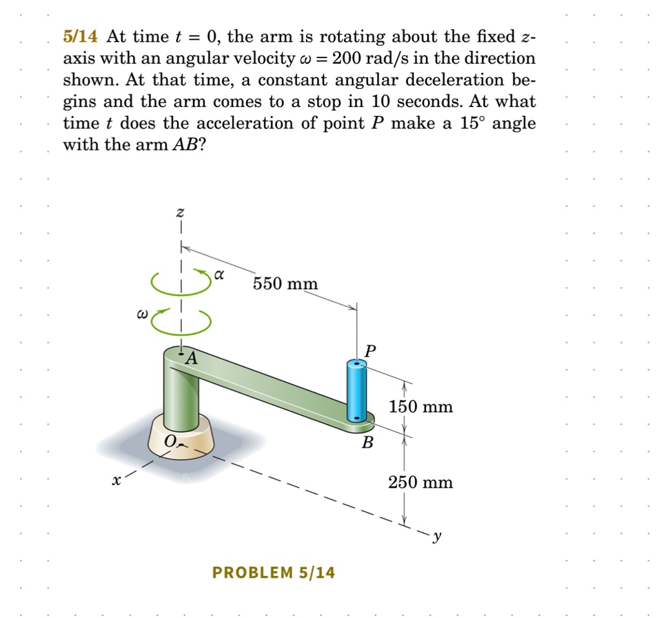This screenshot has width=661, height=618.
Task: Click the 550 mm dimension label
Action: tap(285, 283)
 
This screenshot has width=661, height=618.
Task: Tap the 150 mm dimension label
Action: tap(420, 407)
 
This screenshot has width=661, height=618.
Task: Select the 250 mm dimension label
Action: tap(420, 482)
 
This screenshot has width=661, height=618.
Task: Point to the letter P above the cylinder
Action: tap(369, 352)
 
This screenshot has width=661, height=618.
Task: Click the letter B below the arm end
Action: tap(367, 443)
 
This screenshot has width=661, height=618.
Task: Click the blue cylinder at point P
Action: tap(356, 390)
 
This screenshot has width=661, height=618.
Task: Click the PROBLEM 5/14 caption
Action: tap(274, 572)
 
